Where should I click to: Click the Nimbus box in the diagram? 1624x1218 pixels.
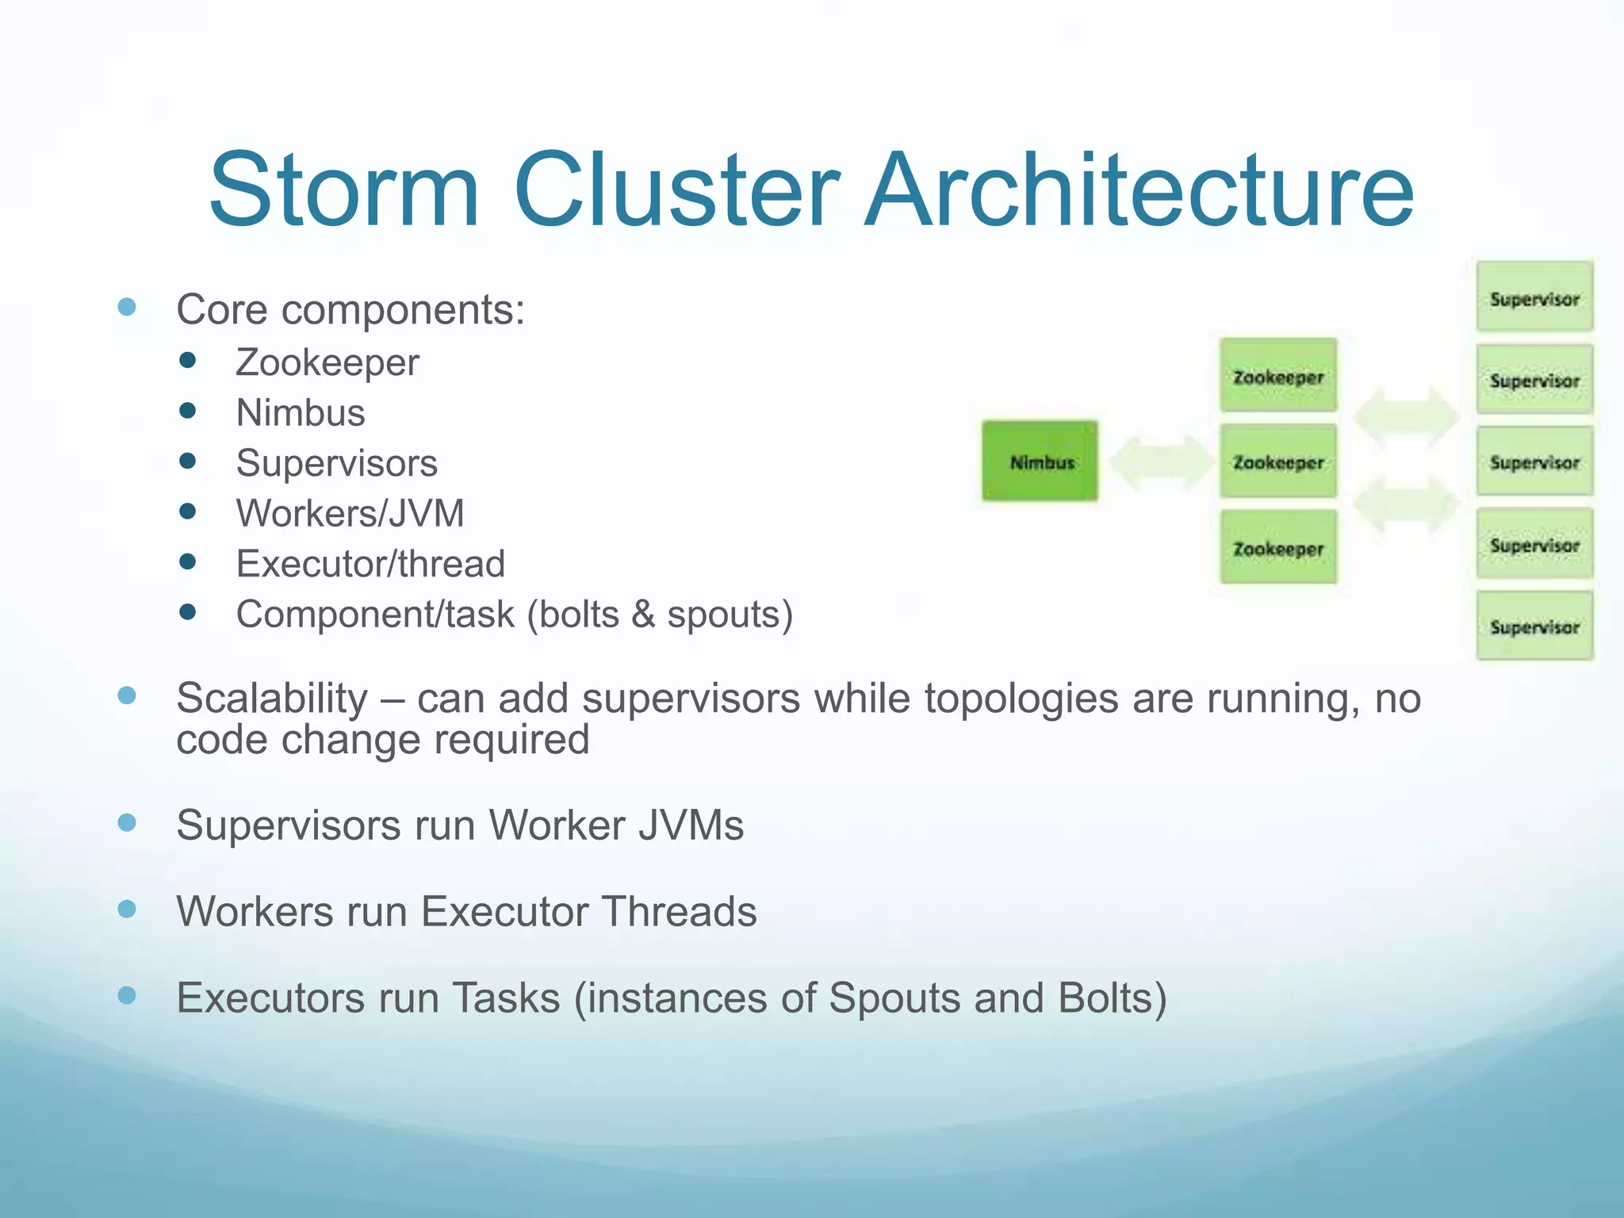(1040, 462)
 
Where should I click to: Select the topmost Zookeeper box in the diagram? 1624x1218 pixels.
(1278, 376)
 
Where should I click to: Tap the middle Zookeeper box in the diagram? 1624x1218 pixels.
(1278, 462)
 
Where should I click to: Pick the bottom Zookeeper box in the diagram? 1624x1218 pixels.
(1278, 548)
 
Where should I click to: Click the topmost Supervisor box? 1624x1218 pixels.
(1534, 297)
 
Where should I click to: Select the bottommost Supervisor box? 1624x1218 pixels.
(1534, 626)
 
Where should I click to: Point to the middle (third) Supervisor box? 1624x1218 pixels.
(1534, 462)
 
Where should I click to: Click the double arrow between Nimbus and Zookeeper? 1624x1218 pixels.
(1159, 462)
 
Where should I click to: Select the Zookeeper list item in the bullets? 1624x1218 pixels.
(327, 363)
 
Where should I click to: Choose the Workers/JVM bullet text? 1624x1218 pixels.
(350, 513)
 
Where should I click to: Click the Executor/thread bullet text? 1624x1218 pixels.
(370, 564)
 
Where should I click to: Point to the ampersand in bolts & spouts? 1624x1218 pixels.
(643, 615)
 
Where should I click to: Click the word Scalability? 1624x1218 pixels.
(272, 699)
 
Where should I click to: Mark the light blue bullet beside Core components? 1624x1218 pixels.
(127, 307)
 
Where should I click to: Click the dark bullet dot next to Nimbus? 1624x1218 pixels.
(188, 411)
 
